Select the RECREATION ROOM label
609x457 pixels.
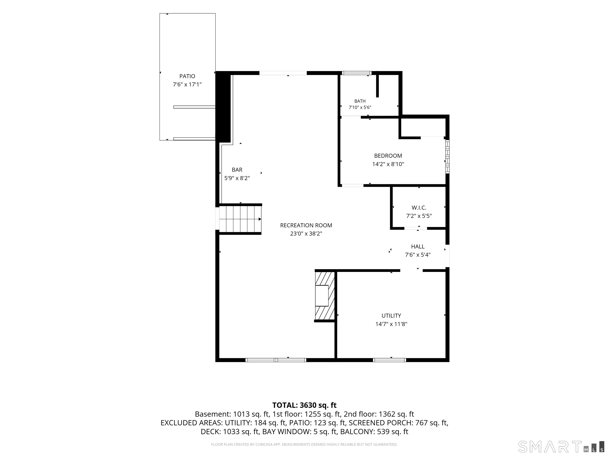click(306, 225)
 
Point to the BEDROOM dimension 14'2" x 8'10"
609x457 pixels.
click(388, 164)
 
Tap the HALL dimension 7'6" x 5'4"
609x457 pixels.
click(418, 255)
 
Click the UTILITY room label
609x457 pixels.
click(391, 316)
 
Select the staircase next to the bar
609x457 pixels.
click(240, 219)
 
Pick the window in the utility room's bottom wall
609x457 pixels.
click(390, 360)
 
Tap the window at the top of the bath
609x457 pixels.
click(356, 73)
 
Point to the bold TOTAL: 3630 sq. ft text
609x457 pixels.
click(304, 405)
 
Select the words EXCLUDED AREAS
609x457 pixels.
click(192, 423)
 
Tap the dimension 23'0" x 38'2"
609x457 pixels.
click(306, 234)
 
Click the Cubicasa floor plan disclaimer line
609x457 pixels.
click(304, 444)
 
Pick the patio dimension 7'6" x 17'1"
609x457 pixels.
click(187, 84)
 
